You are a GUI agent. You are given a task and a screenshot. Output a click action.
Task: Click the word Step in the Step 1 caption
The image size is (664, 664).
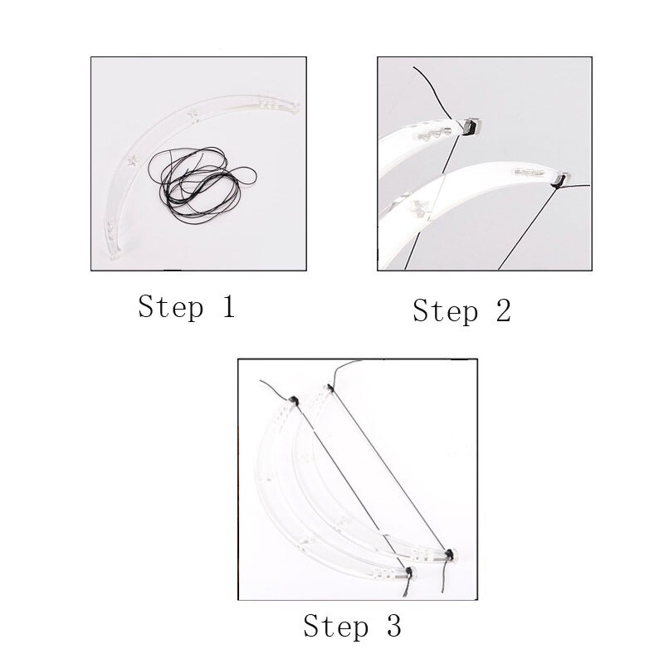click(170, 307)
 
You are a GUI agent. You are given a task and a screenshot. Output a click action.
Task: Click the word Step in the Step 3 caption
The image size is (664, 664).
click(336, 626)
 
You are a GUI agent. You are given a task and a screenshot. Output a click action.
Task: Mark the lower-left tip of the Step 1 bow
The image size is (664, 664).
click(115, 258)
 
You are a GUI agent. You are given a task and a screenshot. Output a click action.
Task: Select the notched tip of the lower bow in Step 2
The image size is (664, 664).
click(561, 178)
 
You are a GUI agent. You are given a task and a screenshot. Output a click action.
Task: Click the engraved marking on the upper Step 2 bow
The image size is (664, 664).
click(436, 131)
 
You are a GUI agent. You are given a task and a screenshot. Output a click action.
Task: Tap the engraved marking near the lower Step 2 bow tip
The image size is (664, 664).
click(530, 173)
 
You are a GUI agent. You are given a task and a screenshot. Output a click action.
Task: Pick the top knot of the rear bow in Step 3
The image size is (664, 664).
click(330, 387)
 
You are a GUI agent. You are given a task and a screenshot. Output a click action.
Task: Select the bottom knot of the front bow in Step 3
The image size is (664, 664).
click(409, 572)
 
